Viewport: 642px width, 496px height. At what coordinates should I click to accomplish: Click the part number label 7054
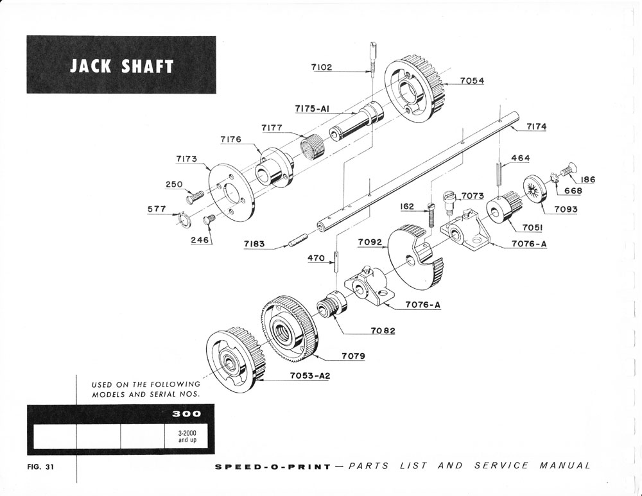[x=472, y=81]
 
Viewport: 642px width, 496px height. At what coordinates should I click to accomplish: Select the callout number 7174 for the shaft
[x=536, y=127]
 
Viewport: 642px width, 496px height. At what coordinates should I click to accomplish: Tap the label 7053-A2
[x=309, y=375]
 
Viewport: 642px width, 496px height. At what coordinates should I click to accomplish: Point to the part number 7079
[x=354, y=355]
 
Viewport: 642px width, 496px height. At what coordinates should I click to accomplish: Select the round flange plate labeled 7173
[x=232, y=191]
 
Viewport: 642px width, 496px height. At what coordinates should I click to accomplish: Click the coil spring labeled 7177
[x=312, y=148]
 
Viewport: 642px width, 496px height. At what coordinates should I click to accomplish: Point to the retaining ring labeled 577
[x=182, y=219]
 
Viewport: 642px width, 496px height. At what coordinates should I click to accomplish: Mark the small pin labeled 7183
[x=296, y=242]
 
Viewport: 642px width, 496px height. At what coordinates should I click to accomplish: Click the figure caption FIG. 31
[x=40, y=466]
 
